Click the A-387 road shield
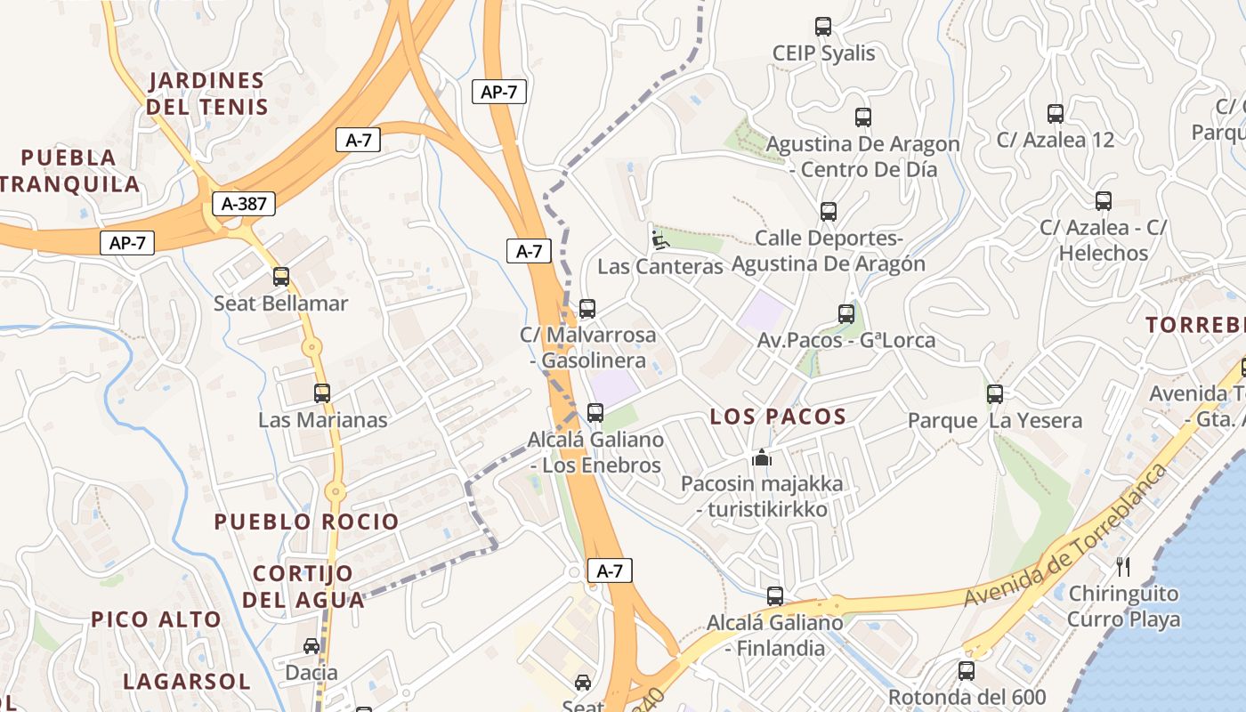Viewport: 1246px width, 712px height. (x=244, y=204)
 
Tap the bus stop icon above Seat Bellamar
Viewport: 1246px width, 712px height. (x=281, y=277)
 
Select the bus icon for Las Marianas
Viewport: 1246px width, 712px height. (x=322, y=392)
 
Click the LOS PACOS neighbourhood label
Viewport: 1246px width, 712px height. (x=778, y=417)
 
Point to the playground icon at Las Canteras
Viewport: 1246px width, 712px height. (x=659, y=240)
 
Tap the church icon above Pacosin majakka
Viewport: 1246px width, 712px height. (x=762, y=458)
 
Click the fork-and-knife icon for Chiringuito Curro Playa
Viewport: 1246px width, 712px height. (x=1123, y=567)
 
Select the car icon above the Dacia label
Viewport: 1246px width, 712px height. (x=311, y=646)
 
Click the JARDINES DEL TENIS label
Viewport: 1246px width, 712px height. (x=207, y=93)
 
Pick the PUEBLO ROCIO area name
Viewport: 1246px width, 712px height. (x=306, y=522)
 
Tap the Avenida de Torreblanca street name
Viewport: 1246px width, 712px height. (x=1066, y=537)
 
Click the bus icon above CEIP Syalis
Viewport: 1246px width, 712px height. (x=823, y=27)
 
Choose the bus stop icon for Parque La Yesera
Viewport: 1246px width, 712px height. (x=995, y=393)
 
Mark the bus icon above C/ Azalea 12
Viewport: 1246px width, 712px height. (x=1056, y=114)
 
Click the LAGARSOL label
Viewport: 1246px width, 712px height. (x=187, y=682)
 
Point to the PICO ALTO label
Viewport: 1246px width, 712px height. (x=157, y=619)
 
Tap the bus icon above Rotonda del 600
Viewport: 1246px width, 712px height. (x=967, y=671)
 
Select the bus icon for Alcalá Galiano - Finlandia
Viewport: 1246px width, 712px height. (x=775, y=596)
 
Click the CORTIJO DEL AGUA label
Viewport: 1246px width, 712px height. (x=303, y=587)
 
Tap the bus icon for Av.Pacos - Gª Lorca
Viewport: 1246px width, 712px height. (x=846, y=314)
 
